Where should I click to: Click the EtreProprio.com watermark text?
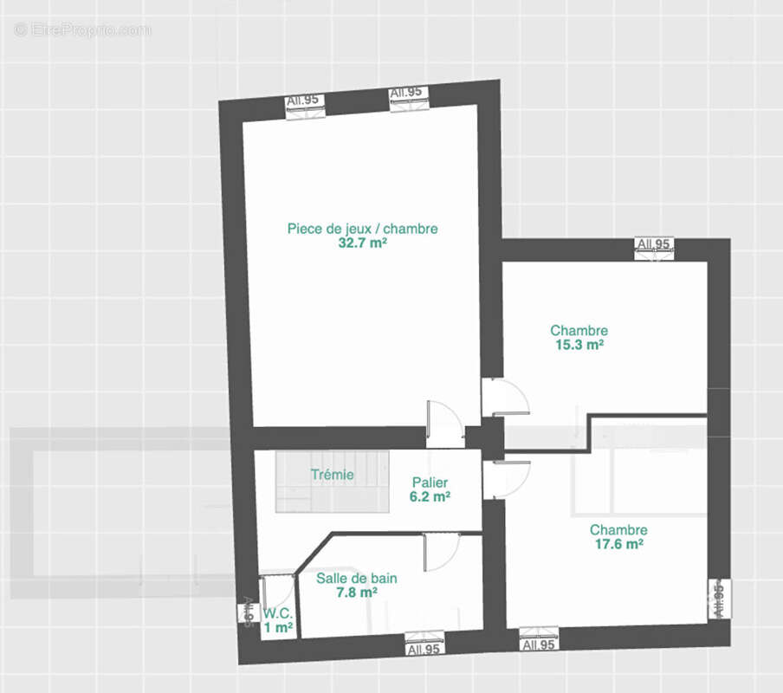[x=82, y=30]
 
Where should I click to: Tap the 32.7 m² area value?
[x=363, y=243]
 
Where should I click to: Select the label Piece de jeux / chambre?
[x=363, y=229]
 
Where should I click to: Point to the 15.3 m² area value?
[x=579, y=345]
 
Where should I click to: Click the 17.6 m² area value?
[x=618, y=544]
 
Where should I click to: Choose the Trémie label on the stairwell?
[x=332, y=475]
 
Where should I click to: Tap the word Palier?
[x=430, y=483]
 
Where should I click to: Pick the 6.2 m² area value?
[x=430, y=496]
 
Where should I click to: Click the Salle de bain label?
[x=357, y=578]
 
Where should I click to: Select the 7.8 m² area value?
[x=357, y=593]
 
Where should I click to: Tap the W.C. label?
[x=278, y=613]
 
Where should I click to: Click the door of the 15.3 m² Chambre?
[x=505, y=397]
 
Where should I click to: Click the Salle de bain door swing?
[x=442, y=552]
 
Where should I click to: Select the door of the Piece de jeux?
[x=445, y=424]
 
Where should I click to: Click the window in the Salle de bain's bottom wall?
[x=424, y=644]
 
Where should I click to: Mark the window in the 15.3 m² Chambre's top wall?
[x=654, y=249]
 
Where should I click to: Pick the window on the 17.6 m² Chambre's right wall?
[x=719, y=599]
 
